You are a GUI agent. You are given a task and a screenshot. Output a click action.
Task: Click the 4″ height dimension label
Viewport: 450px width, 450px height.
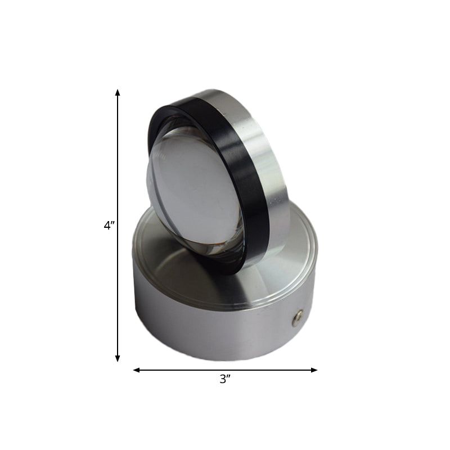pos(109,226)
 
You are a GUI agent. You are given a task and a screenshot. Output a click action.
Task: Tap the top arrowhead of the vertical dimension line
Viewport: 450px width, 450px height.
pos(118,92)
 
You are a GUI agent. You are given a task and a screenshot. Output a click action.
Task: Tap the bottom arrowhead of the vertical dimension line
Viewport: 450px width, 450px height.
pos(118,358)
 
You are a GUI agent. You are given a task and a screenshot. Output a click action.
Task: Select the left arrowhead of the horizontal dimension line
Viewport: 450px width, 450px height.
pos(137,370)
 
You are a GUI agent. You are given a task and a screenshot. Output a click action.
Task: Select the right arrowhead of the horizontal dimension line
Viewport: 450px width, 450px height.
pos(314,370)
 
